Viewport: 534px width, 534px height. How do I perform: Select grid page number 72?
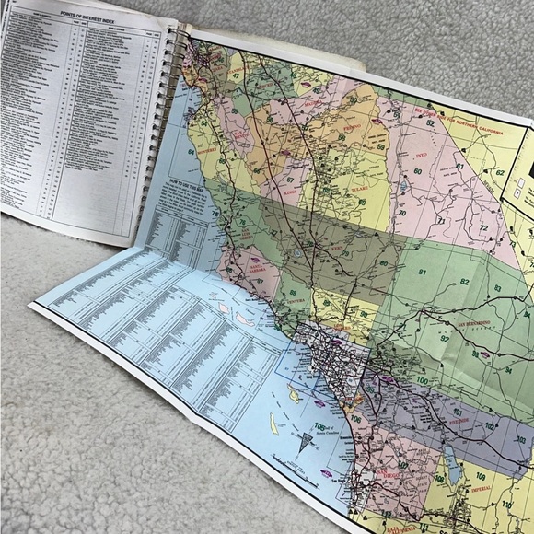482,227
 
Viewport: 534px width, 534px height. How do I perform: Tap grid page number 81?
423,273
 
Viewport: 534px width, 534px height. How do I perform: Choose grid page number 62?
500,172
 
